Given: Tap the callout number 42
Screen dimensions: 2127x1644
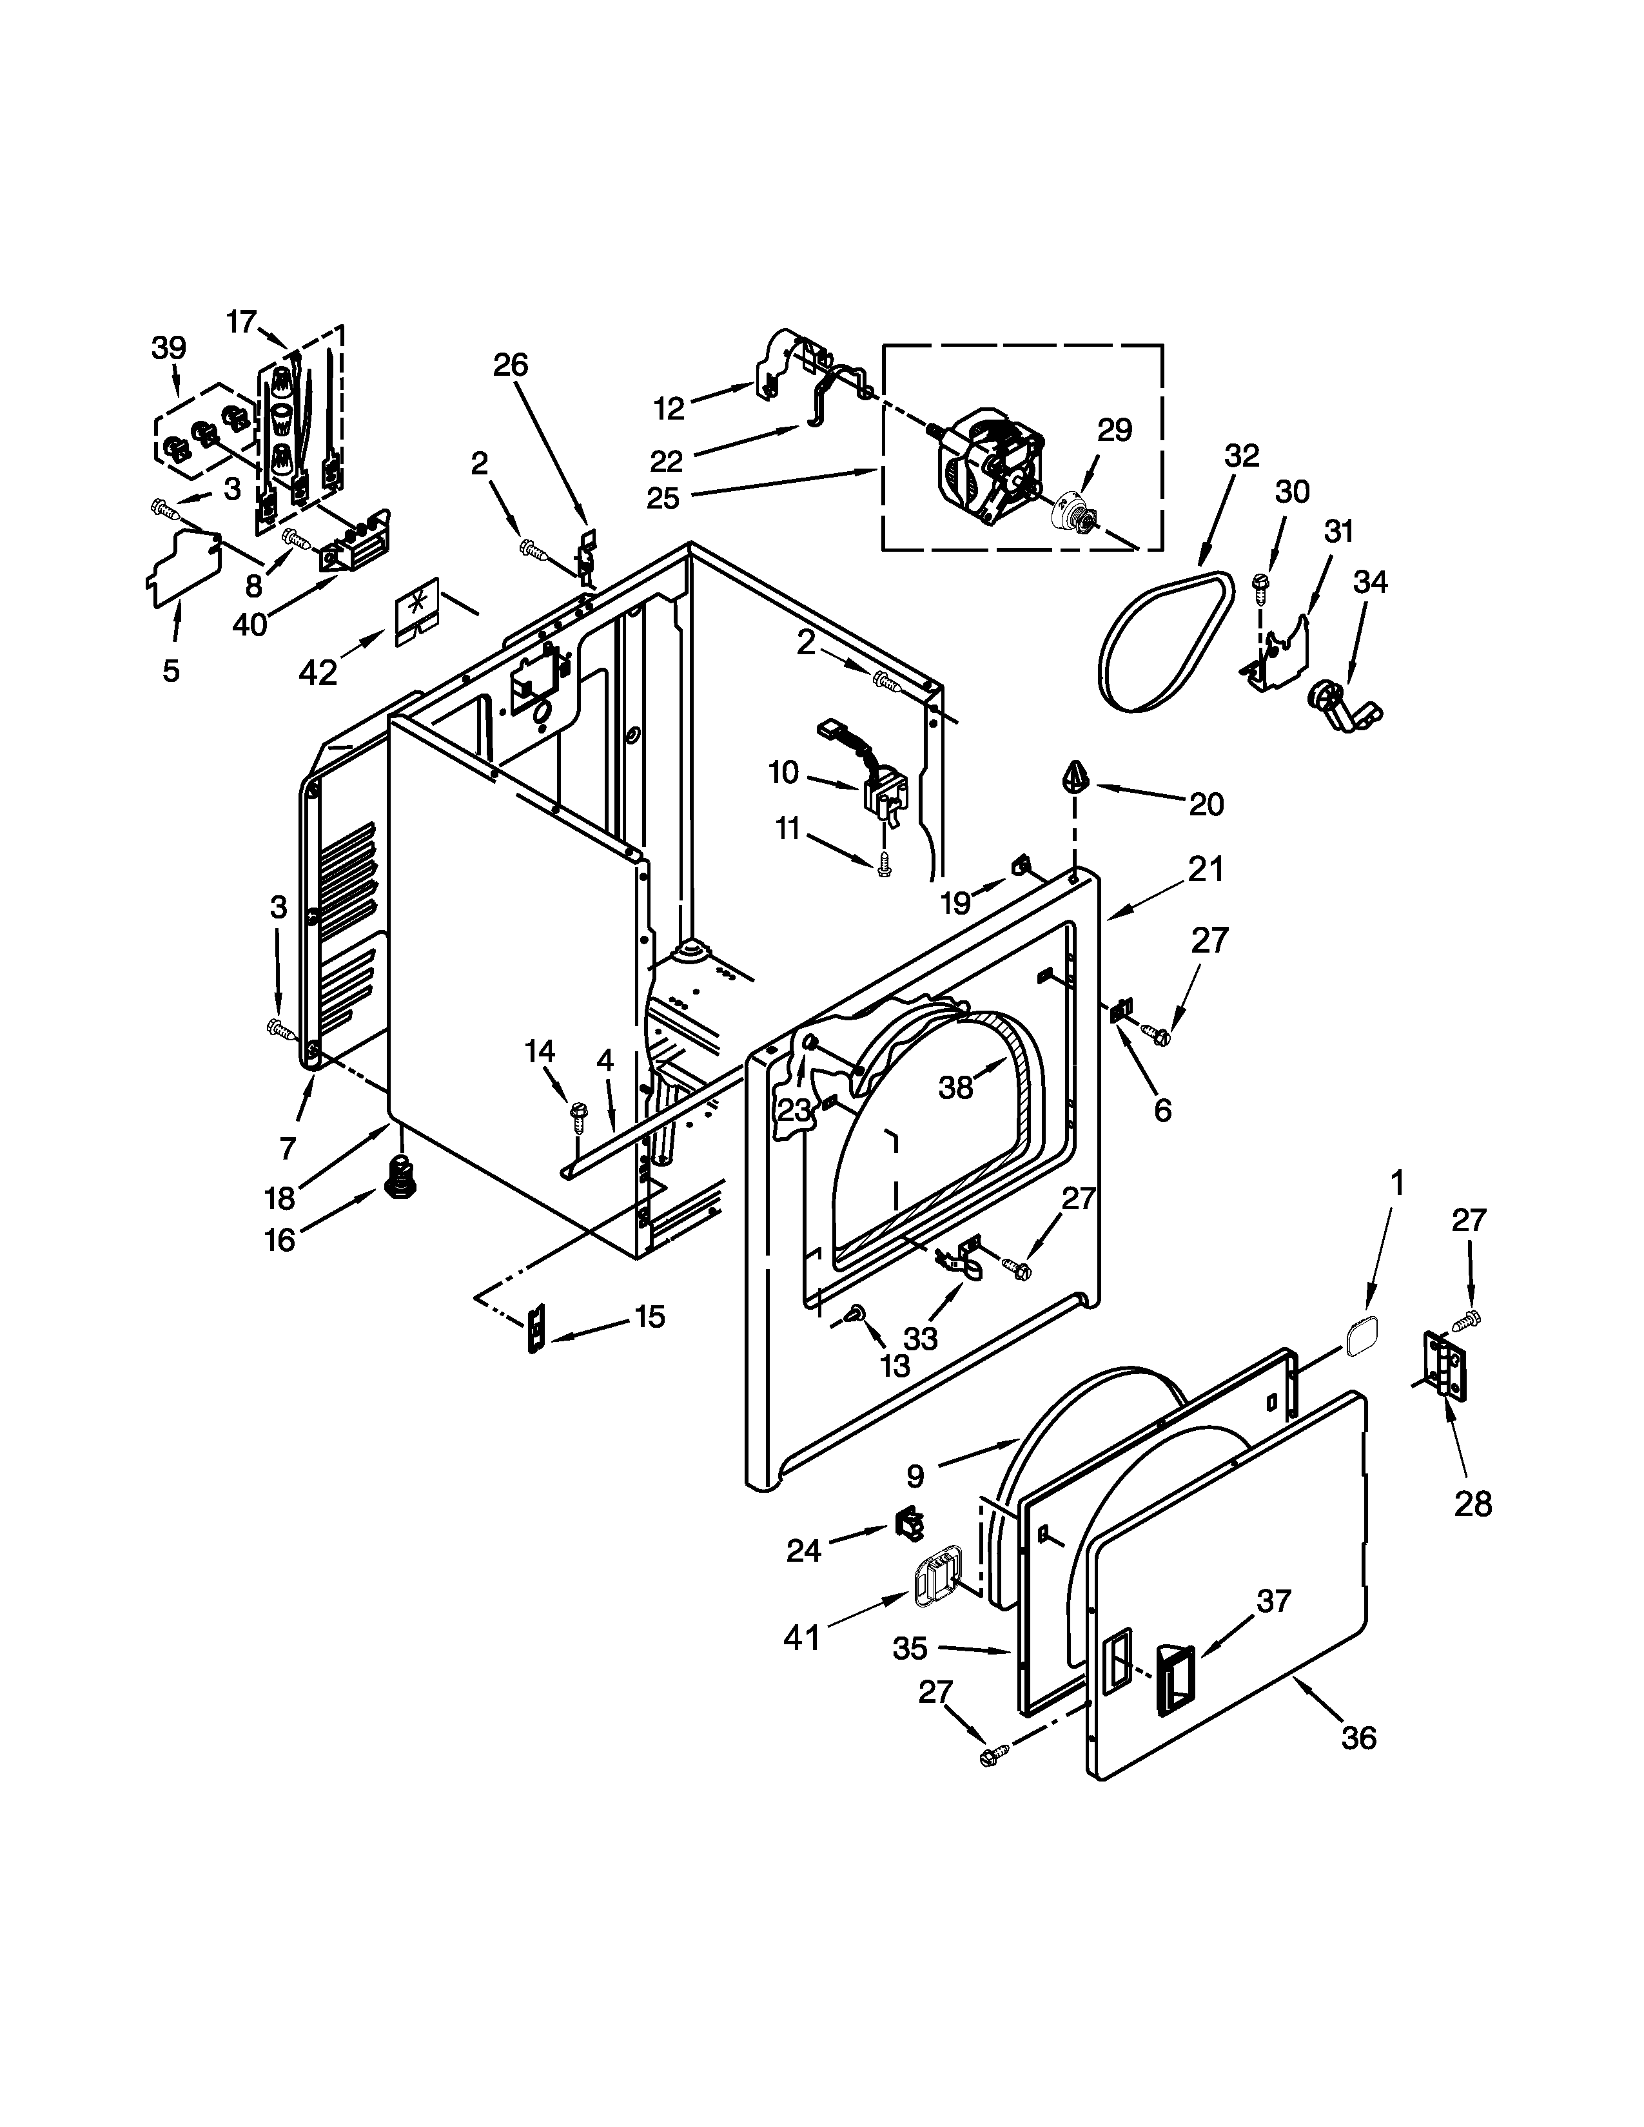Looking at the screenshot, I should pos(317,672).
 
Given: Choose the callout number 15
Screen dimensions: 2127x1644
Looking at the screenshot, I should pos(650,1317).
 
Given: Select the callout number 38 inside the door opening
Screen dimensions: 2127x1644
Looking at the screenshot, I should pos(955,1088).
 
